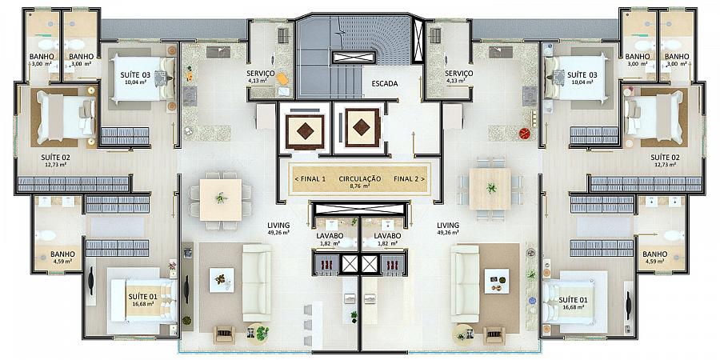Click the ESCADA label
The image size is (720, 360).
click(384, 84)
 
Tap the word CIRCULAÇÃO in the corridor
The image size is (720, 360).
click(359, 178)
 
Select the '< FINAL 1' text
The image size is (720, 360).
click(310, 178)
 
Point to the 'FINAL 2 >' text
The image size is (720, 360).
click(409, 178)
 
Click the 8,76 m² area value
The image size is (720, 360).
click(359, 186)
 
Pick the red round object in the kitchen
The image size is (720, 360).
click(524, 134)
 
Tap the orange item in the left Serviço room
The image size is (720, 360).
click(282, 79)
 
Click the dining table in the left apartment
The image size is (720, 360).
click(221, 199)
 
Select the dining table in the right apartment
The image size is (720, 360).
click(490, 189)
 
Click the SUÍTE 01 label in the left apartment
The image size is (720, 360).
click(143, 297)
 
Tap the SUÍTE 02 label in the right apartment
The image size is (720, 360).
click(666, 157)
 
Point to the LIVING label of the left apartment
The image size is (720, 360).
click(278, 226)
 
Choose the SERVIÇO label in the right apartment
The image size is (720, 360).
click(458, 74)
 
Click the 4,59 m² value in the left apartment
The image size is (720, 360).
click(63, 262)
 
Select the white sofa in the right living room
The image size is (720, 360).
click(465, 283)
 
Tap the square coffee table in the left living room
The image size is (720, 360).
click(222, 280)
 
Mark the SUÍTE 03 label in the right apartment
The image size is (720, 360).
click(582, 74)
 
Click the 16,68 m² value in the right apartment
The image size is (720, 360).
click(574, 307)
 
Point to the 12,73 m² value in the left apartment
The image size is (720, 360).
click(55, 164)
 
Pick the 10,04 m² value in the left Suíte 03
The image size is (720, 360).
click(135, 82)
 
